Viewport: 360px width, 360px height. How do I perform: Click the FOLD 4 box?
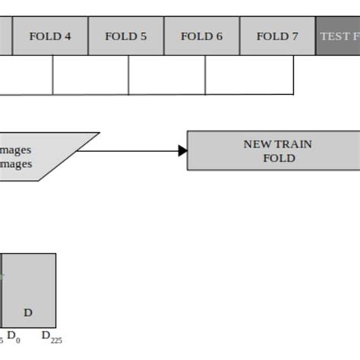tap(50, 36)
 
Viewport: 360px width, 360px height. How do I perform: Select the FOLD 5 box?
tap(126, 36)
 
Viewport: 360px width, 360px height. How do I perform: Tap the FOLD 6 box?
tap(202, 36)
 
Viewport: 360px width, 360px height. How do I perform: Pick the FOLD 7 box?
tap(277, 36)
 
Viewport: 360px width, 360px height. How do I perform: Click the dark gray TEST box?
tap(338, 36)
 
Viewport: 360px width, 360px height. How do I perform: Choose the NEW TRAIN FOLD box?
tap(273, 150)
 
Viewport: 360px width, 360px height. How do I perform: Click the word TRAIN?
tap(293, 144)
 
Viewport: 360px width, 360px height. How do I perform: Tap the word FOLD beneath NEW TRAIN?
tap(279, 159)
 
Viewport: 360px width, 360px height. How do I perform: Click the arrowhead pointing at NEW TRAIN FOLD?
tap(183, 150)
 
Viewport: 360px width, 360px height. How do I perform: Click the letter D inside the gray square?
tap(28, 312)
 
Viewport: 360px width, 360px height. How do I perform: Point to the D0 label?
tap(14, 336)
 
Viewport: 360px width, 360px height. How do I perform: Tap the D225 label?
tap(51, 336)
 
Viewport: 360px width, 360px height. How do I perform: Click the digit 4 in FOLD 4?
tap(68, 36)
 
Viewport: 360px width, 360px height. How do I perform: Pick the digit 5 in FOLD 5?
tap(144, 36)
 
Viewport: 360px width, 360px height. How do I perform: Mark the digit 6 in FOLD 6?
tap(219, 36)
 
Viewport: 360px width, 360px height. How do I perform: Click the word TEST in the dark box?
tap(334, 36)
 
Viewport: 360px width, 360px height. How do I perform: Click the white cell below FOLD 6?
tap(167, 74)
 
